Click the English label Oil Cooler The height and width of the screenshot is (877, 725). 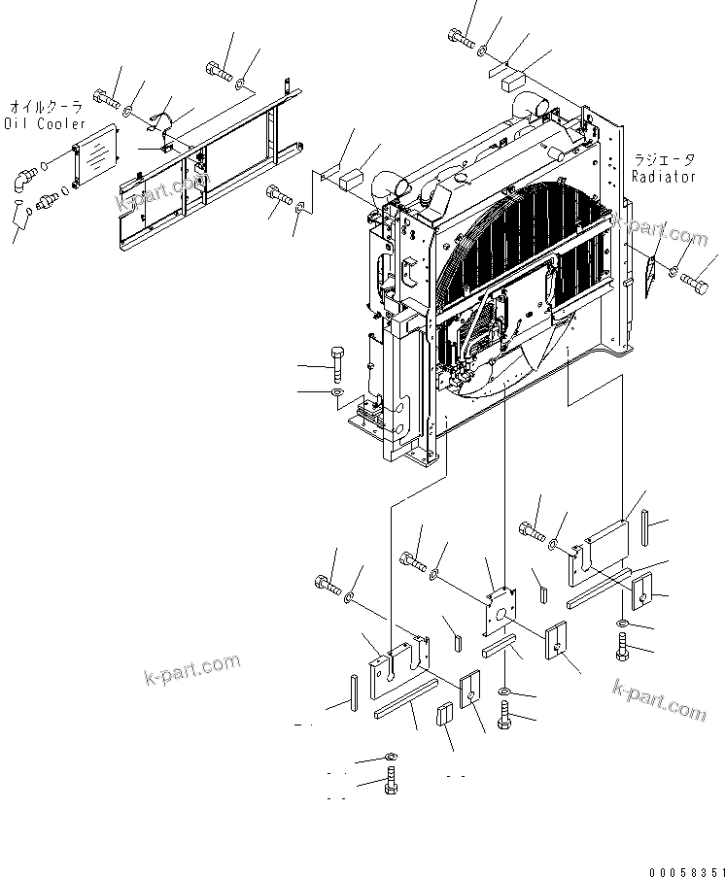[45, 123]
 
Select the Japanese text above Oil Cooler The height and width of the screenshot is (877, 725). [47, 108]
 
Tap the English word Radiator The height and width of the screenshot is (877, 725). [664, 177]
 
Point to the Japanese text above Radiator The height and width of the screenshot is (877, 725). [664, 161]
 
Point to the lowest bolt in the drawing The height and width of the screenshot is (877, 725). [390, 781]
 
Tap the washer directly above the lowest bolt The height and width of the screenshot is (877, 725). [389, 757]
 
